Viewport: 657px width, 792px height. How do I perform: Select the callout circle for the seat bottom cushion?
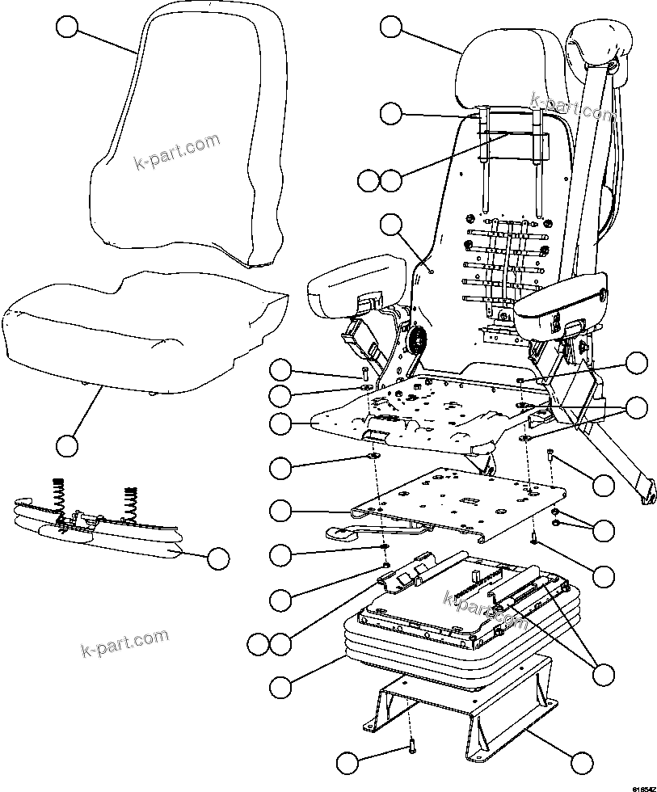tap(67, 444)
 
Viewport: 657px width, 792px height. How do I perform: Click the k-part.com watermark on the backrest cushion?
tap(176, 153)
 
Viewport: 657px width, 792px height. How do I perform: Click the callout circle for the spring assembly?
tap(218, 557)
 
